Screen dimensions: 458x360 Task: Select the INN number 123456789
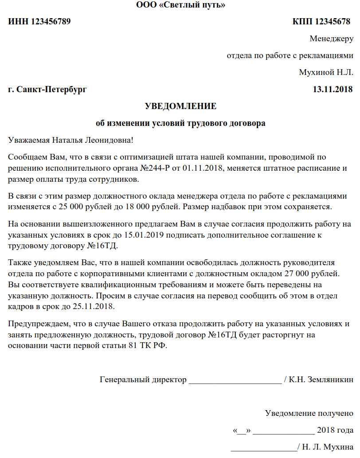pyautogui.click(x=51, y=22)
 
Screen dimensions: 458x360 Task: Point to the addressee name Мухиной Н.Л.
pyautogui.click(x=326, y=72)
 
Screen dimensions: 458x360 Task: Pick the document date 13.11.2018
pyautogui.click(x=333, y=90)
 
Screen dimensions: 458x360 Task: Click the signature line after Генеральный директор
pyautogui.click(x=235, y=380)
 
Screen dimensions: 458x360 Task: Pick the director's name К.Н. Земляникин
pyautogui.click(x=321, y=380)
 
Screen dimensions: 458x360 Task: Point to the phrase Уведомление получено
pyautogui.click(x=309, y=413)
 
